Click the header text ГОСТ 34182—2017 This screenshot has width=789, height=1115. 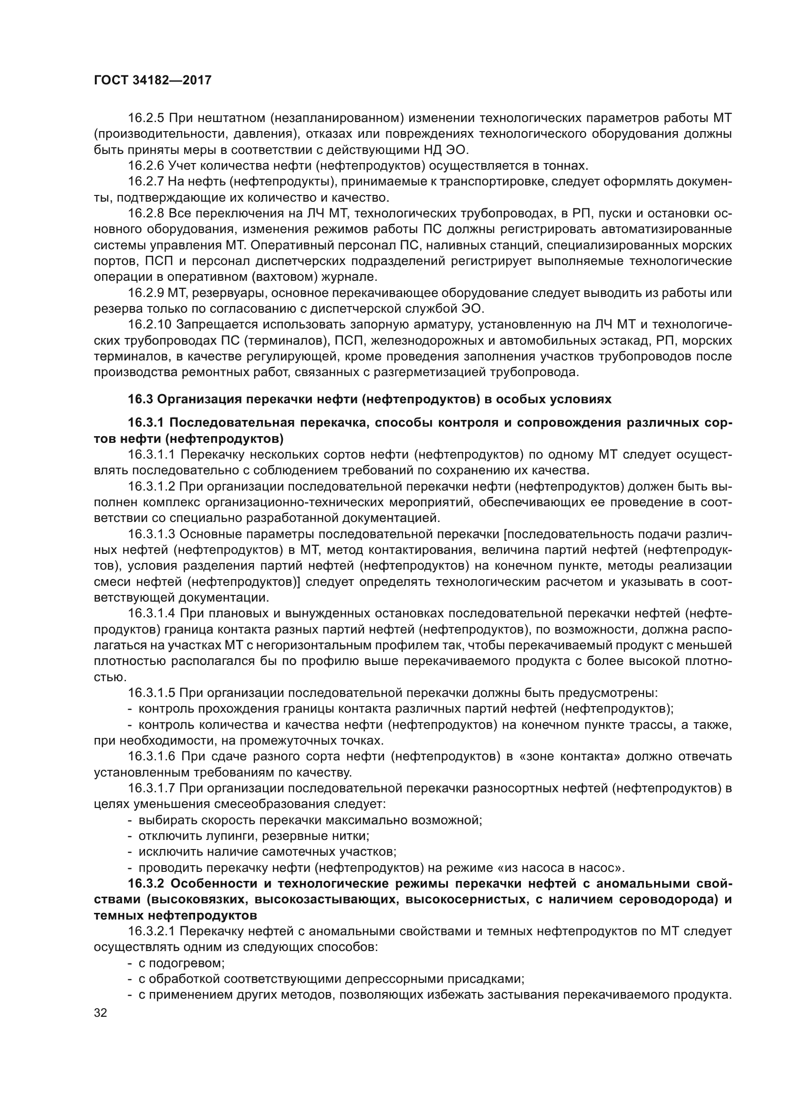coord(153,80)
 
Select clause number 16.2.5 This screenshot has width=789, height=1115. coord(146,118)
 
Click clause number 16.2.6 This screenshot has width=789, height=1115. coord(146,165)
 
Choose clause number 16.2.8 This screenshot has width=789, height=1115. coord(146,213)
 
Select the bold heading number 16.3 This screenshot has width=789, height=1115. coord(140,399)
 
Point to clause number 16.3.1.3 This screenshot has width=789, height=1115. coord(152,534)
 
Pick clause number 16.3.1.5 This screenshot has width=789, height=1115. coord(152,693)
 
